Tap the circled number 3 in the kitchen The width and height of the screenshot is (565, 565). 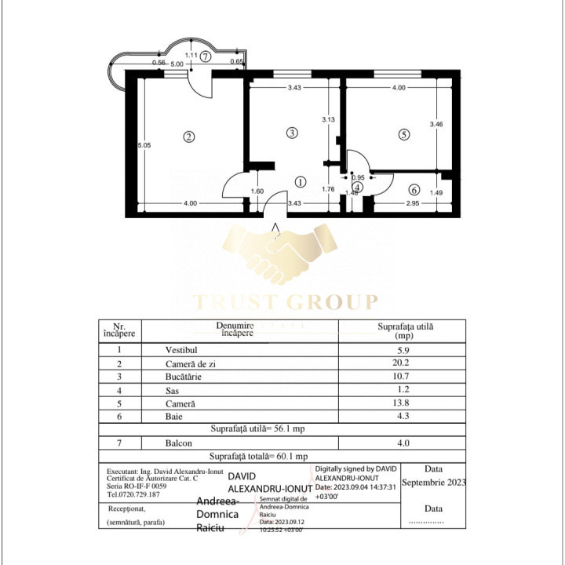coord(291,133)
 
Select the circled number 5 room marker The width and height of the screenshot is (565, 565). coord(403,134)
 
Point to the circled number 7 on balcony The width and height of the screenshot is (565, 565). coord(205,56)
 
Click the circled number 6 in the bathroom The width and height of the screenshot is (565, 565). coord(414,189)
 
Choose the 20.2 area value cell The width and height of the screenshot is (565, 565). coord(401,364)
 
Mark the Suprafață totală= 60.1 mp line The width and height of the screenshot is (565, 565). coord(257,456)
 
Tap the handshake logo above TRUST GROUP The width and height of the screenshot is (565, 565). coord(280,257)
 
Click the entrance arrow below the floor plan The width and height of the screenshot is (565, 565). coord(275,228)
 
